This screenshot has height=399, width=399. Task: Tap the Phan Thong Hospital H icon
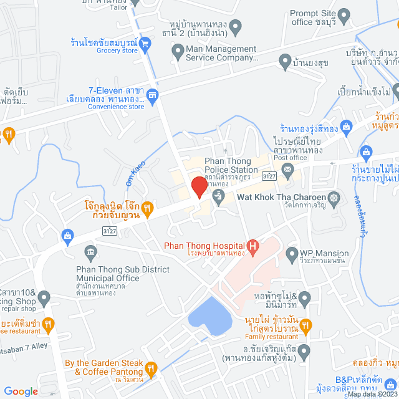tap(252, 248)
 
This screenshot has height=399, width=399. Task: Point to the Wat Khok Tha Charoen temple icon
tap(335, 198)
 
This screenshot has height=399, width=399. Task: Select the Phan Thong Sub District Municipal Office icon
tap(91, 252)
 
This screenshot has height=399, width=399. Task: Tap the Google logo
tap(21, 391)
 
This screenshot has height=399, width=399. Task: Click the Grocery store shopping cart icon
tap(145, 43)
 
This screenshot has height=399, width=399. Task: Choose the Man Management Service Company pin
tap(178, 54)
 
